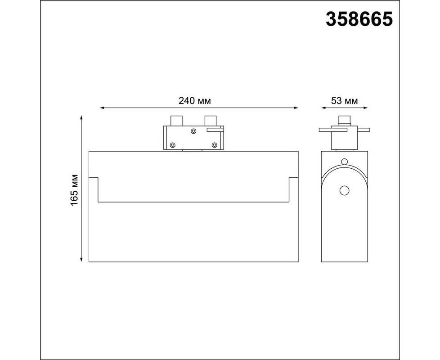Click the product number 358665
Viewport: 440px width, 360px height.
click(x=359, y=19)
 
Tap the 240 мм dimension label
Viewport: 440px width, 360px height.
click(x=194, y=100)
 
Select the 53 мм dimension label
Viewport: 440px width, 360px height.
click(x=344, y=100)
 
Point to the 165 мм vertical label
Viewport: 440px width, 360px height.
click(x=74, y=190)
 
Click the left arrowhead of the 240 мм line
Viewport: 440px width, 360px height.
click(x=102, y=108)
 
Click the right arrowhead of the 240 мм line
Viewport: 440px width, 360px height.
click(x=296, y=108)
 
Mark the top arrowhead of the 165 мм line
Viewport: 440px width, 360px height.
click(x=81, y=117)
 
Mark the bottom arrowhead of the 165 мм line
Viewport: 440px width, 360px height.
click(x=81, y=260)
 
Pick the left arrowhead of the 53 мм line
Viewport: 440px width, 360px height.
click(x=323, y=108)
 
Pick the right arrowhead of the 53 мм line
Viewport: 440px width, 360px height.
click(x=365, y=108)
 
